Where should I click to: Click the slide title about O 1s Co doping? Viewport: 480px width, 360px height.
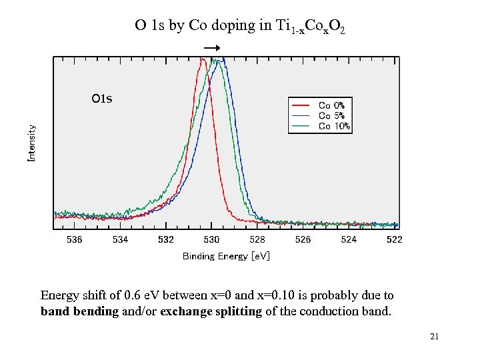(240, 26)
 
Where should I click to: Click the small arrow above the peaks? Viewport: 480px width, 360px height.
(212, 49)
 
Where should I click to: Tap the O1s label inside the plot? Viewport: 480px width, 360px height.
(102, 99)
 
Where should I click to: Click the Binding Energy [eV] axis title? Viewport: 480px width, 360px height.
(226, 256)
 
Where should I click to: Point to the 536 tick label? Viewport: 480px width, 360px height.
(75, 239)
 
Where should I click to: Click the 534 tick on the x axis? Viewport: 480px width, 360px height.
(120, 239)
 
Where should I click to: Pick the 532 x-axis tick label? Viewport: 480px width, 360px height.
(166, 239)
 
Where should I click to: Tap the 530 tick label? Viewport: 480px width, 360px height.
(211, 239)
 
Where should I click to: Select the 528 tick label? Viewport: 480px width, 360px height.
(257, 239)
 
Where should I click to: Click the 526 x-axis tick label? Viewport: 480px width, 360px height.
(303, 239)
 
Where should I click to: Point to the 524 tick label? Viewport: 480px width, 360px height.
(349, 239)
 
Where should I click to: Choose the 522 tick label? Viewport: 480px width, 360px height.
(394, 239)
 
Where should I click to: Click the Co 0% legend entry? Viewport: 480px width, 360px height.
(331, 105)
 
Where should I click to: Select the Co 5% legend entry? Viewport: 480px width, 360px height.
(331, 115)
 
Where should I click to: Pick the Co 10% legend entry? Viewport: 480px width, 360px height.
(333, 125)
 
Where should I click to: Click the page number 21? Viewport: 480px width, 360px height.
(434, 337)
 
